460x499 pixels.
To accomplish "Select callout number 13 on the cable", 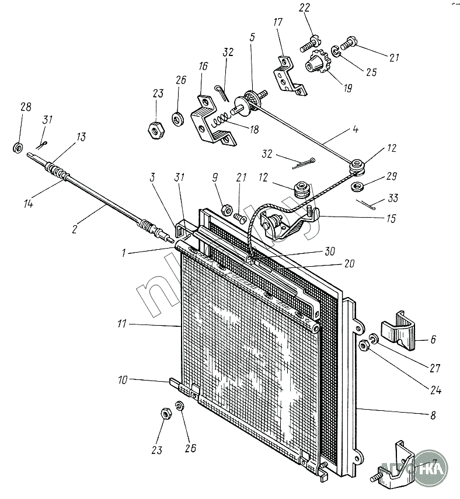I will tap(80, 137).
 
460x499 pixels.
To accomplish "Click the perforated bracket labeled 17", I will tap(288, 75).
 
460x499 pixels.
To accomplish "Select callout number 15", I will tap(390, 219).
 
